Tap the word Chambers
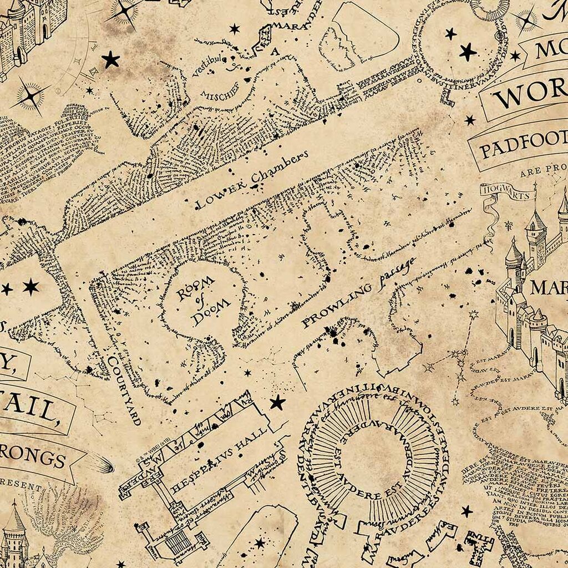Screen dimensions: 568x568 pos(278,168)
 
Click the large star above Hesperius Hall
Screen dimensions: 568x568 pos(277,402)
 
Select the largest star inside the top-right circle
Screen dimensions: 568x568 pos(468,52)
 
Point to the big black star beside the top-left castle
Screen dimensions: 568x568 pos(110,59)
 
